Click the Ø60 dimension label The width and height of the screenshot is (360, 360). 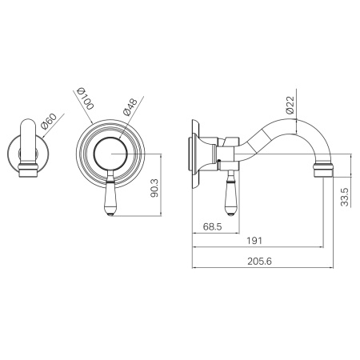49,121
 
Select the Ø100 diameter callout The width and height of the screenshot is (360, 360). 86,98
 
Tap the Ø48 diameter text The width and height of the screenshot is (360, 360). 130,107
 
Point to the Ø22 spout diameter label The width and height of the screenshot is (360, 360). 290,105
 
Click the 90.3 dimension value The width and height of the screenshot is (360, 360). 154,188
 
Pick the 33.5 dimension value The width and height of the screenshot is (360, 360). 345,197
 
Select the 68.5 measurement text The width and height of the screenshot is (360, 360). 212,227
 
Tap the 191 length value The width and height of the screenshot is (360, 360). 254,241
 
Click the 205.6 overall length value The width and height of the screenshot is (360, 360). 259,262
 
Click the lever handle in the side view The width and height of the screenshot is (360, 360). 230,193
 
